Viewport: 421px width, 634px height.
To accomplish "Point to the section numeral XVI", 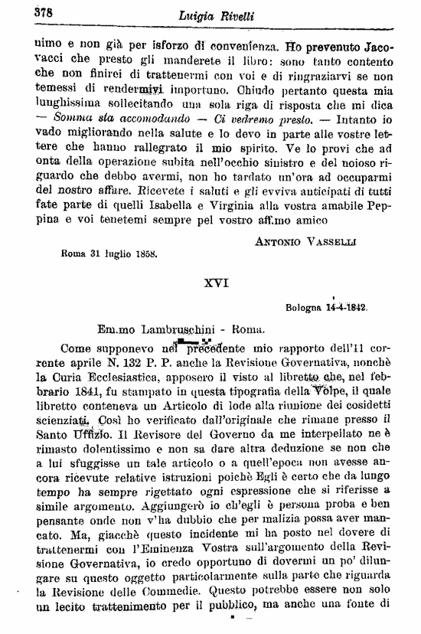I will point(217,281).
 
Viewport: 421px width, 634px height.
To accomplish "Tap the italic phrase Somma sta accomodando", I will point(113,119).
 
